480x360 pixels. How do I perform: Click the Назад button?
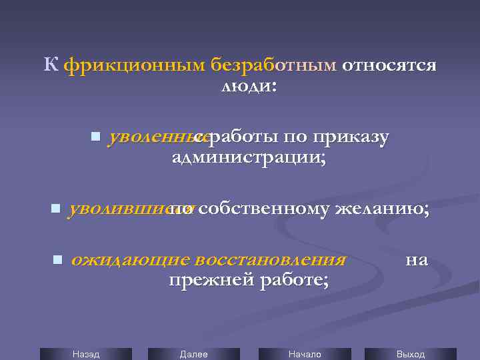click(x=86, y=354)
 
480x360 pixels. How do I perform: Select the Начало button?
click(x=305, y=354)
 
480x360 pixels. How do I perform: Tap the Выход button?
click(x=411, y=354)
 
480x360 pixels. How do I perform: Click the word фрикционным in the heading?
click(x=135, y=65)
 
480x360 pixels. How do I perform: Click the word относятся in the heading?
click(x=390, y=65)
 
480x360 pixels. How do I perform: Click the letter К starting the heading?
click(x=51, y=65)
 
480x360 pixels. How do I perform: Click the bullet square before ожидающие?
click(x=57, y=259)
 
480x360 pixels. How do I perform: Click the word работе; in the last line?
click(x=290, y=281)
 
